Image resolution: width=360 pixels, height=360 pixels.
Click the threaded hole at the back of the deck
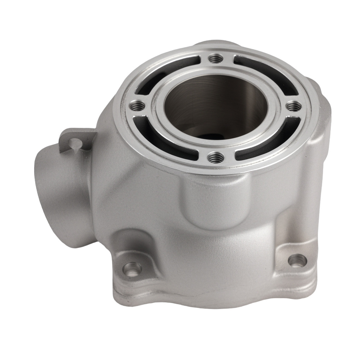pos(216,58)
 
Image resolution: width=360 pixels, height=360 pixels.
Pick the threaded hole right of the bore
pos(294,106)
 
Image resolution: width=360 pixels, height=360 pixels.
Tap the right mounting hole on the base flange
pos(296,260)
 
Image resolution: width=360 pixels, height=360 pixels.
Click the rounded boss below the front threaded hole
pos(209,202)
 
